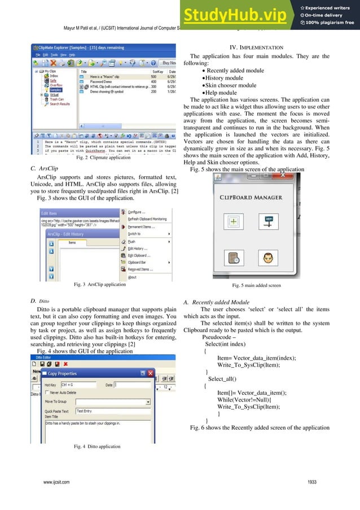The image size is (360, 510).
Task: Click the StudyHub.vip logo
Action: pos(240,15)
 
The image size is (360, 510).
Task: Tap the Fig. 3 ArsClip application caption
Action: pos(100,285)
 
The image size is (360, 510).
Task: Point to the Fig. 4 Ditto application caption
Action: pos(97,446)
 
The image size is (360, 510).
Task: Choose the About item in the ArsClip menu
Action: pos(132,277)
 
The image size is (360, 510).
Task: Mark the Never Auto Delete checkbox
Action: pos(46,391)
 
